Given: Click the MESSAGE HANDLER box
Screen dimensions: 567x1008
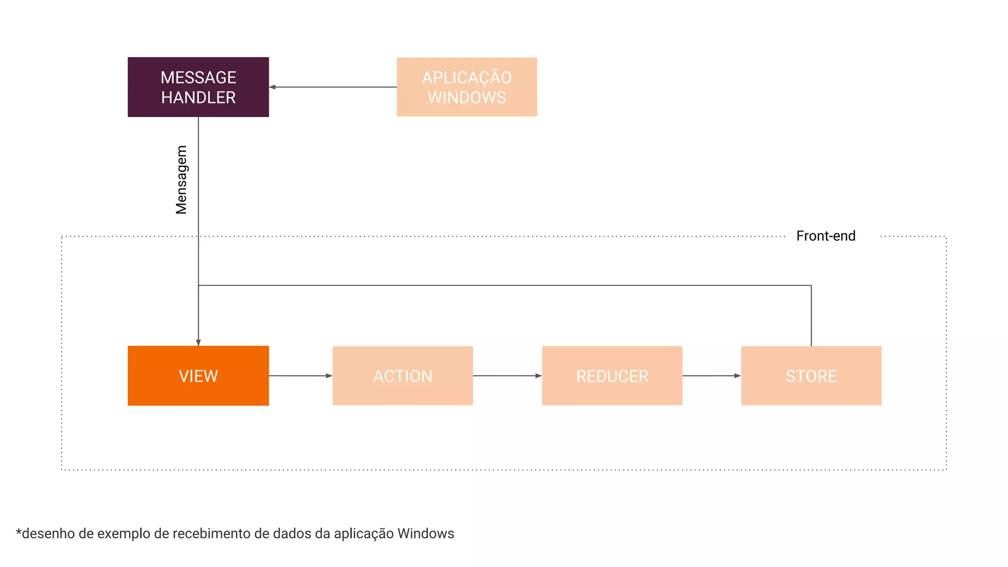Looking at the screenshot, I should tap(198, 87).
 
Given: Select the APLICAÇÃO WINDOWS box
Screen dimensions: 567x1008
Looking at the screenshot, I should tap(467, 87).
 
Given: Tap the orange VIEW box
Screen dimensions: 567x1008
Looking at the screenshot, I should tap(198, 376).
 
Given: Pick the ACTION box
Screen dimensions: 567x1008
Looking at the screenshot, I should tap(403, 376).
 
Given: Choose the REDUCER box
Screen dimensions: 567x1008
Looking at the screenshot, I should tap(612, 376).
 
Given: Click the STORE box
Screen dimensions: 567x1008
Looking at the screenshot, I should tap(811, 376).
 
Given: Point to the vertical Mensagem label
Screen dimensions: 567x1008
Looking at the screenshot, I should tap(182, 180).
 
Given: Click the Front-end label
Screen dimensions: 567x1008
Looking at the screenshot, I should tap(825, 236).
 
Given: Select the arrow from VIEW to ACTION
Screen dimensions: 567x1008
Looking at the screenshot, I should tap(300, 376).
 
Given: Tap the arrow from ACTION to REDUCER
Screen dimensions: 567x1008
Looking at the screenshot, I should tap(507, 376).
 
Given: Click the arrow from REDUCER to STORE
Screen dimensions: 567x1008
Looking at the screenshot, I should tap(711, 376).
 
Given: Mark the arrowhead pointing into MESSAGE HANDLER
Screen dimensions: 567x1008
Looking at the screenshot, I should tap(273, 87).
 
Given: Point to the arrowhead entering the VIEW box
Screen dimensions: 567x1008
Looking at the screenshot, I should tap(198, 343).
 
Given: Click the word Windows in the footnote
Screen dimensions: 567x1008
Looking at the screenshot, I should tap(426, 534).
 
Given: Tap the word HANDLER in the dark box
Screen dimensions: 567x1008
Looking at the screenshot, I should tap(198, 97).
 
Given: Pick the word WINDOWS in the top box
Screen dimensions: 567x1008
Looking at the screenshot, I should tap(467, 97).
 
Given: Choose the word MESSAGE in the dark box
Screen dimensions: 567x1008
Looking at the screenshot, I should tap(198, 77).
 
